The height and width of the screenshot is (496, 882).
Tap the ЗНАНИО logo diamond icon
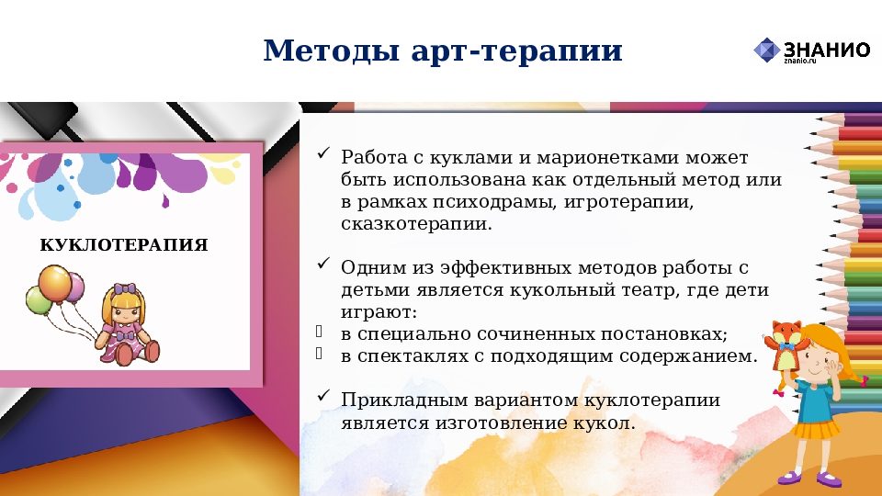(766, 51)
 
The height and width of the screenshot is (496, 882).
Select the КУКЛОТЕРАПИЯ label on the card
(124, 245)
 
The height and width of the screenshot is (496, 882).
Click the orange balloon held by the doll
(54, 282)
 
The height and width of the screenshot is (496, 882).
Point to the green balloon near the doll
(39, 300)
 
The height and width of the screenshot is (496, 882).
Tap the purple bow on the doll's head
(123, 288)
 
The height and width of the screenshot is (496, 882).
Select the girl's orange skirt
(816, 428)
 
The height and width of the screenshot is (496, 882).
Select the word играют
(379, 312)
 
